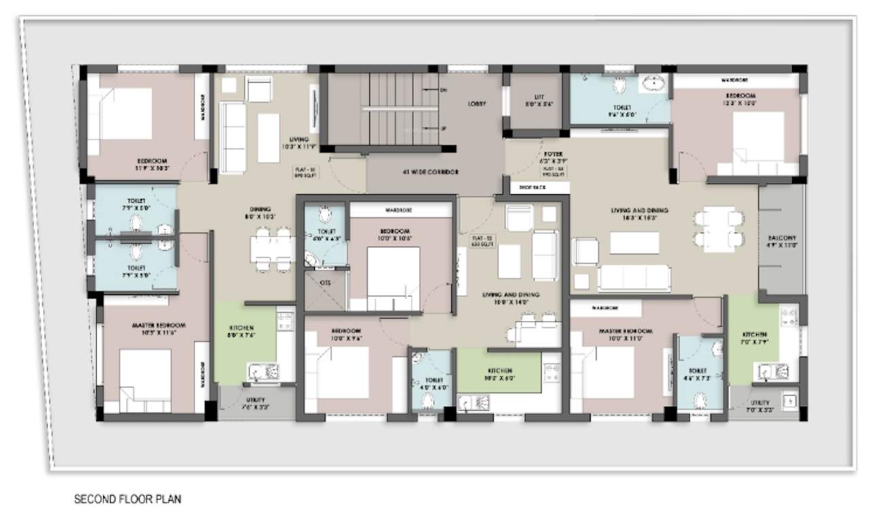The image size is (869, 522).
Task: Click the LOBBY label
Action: pyautogui.click(x=476, y=104)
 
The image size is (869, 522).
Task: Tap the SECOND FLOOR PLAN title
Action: pyautogui.click(x=127, y=500)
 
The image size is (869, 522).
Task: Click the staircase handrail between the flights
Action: pyautogui.click(x=400, y=107)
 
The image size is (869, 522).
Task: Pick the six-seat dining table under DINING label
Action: pyautogui.click(x=273, y=249)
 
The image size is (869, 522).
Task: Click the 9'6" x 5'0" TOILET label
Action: pyautogui.click(x=621, y=111)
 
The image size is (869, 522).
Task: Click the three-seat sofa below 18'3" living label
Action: pyautogui.click(x=634, y=278)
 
